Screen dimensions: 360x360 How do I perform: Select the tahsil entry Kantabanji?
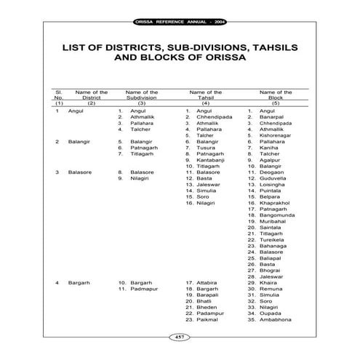pyautogui.click(x=212, y=159)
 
